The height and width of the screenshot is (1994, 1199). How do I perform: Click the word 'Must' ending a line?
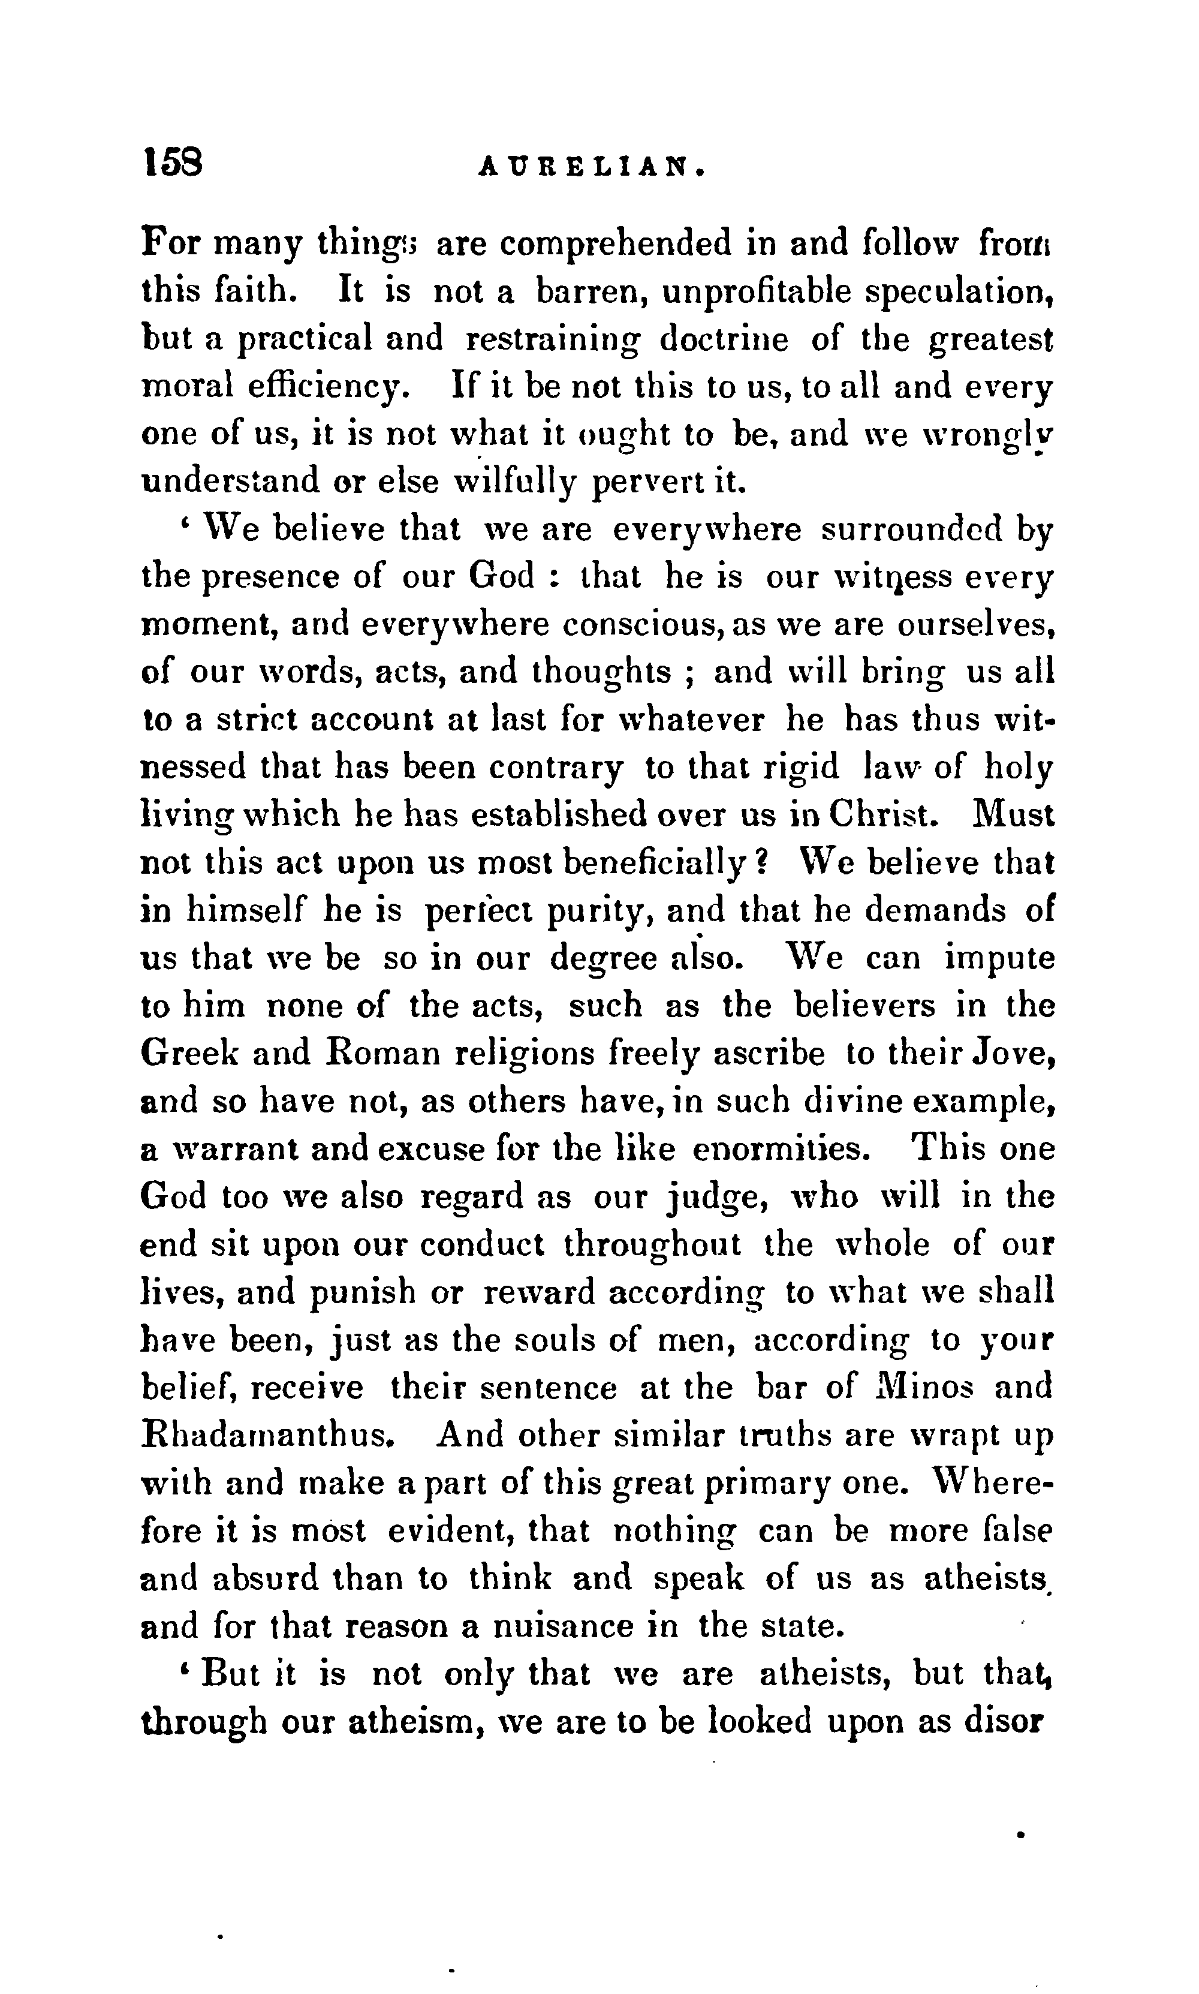tap(1013, 815)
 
